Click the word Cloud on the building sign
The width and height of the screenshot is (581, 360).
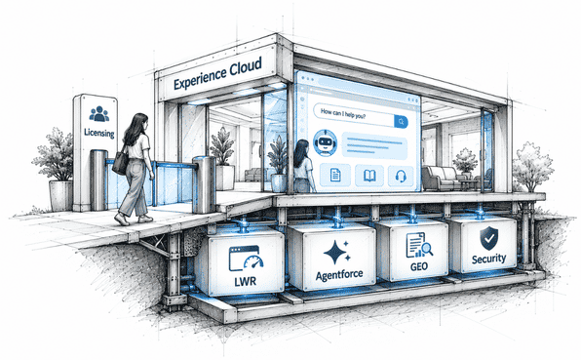pyautogui.click(x=246, y=68)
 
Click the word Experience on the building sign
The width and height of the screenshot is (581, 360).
pyautogui.click(x=200, y=78)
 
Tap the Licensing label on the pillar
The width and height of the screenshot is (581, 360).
pyautogui.click(x=99, y=133)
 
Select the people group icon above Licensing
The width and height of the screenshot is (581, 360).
pyautogui.click(x=98, y=114)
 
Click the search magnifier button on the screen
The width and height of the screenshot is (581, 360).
pyautogui.click(x=401, y=122)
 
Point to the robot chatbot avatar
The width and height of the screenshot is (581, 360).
pyautogui.click(x=325, y=142)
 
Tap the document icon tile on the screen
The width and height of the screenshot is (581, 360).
pyautogui.click(x=335, y=175)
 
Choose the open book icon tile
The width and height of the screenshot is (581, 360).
pyautogui.click(x=369, y=176)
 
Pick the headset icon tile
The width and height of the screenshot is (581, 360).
pyautogui.click(x=401, y=176)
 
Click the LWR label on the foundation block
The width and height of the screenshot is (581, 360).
pyautogui.click(x=246, y=281)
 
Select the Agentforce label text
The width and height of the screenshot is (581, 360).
pyautogui.click(x=339, y=275)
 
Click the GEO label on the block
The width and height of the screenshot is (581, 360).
pyautogui.click(x=419, y=266)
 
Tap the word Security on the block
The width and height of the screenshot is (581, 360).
pyautogui.click(x=488, y=259)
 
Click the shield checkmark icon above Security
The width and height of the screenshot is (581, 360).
pyautogui.click(x=489, y=238)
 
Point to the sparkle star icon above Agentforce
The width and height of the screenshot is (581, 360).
pyautogui.click(x=336, y=252)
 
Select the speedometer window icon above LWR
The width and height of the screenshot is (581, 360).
pyautogui.click(x=246, y=258)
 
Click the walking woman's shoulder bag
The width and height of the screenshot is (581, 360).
pyautogui.click(x=121, y=163)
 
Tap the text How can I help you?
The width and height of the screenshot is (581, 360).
pyautogui.click(x=343, y=113)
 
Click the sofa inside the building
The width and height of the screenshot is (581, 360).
pyautogui.click(x=440, y=178)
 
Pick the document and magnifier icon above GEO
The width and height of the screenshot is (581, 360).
pyautogui.click(x=419, y=245)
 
